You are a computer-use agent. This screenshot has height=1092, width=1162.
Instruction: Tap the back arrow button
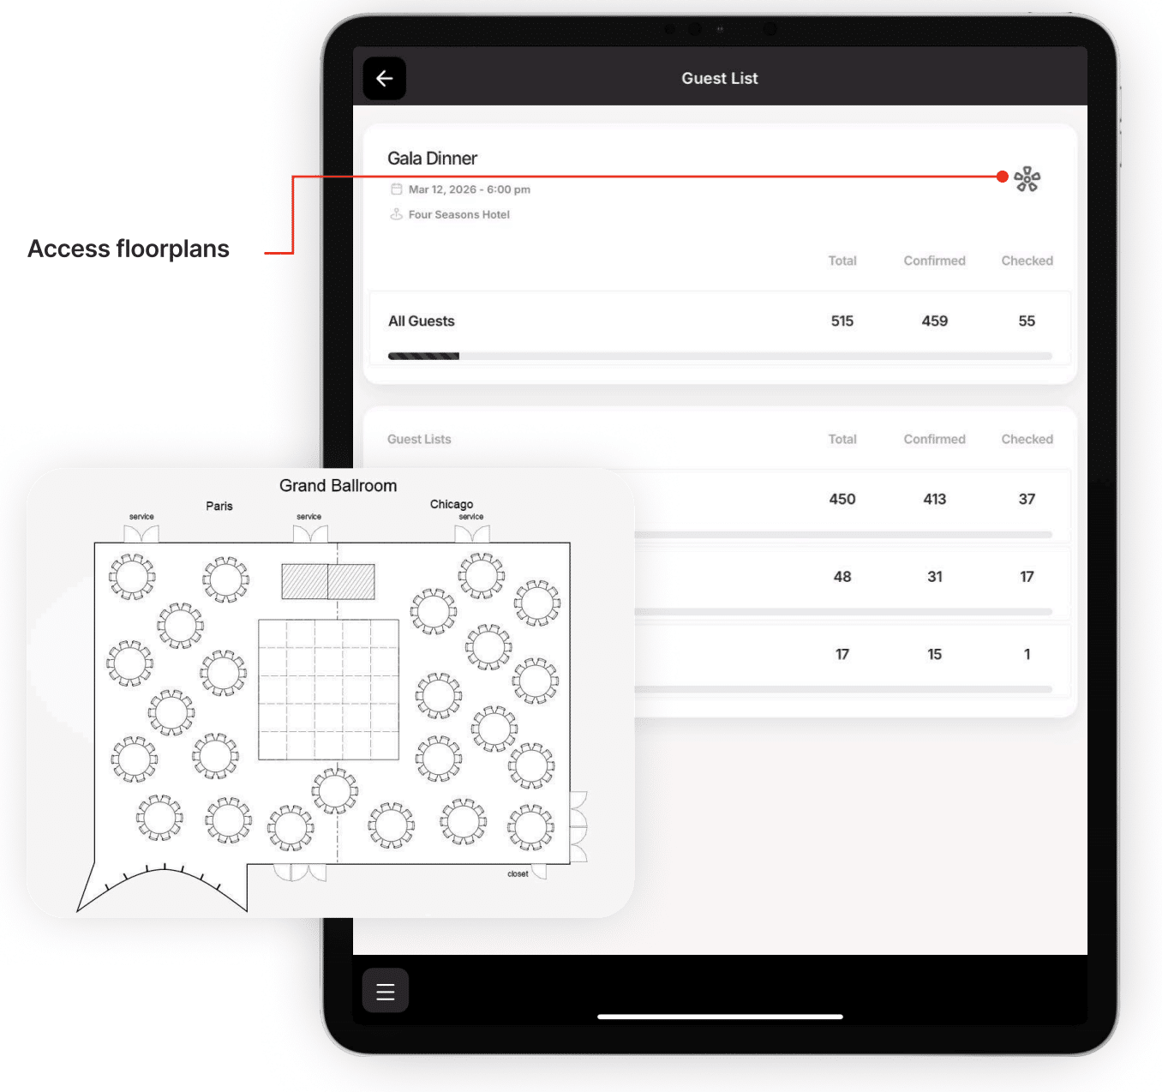pyautogui.click(x=384, y=78)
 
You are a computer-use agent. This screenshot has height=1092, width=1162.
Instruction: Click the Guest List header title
pyautogui.click(x=719, y=78)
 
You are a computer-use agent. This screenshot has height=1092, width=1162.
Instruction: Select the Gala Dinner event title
pyautogui.click(x=432, y=158)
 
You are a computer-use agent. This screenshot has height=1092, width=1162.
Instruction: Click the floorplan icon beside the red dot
pyautogui.click(x=1027, y=178)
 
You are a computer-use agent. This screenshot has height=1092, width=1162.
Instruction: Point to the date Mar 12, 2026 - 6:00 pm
pyautogui.click(x=470, y=189)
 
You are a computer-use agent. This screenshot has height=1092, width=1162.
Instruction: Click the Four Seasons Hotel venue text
pyautogui.click(x=458, y=214)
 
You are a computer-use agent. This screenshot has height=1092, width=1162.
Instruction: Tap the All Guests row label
pyautogui.click(x=422, y=321)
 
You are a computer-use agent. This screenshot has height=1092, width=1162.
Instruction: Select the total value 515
pyautogui.click(x=842, y=321)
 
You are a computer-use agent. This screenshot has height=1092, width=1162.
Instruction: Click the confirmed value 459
pyautogui.click(x=934, y=321)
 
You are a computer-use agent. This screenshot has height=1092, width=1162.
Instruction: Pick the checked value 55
pyautogui.click(x=1027, y=321)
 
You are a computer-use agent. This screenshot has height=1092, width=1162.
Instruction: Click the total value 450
pyautogui.click(x=842, y=499)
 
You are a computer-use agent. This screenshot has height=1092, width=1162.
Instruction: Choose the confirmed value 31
pyautogui.click(x=934, y=577)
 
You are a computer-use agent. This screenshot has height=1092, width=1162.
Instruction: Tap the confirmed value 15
pyautogui.click(x=934, y=654)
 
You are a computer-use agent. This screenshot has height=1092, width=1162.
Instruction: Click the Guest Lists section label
pyautogui.click(x=419, y=439)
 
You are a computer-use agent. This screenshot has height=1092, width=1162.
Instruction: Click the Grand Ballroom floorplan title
pyautogui.click(x=338, y=485)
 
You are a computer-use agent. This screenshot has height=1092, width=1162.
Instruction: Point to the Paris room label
pyautogui.click(x=219, y=506)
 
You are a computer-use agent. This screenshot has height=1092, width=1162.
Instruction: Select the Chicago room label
pyautogui.click(x=451, y=504)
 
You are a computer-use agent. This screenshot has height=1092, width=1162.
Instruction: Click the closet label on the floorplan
pyautogui.click(x=518, y=873)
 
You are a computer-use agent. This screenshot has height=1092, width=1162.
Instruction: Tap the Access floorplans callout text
pyautogui.click(x=129, y=249)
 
